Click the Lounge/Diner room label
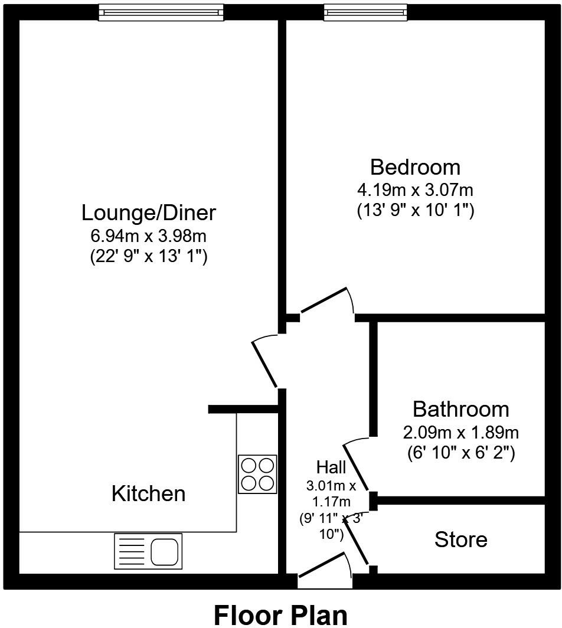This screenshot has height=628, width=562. coord(148,212)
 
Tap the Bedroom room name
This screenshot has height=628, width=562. coord(415,167)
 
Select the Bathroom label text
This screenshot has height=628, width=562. coord(460,409)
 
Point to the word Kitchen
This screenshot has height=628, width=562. coord(148,493)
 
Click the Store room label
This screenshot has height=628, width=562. coord(460,539)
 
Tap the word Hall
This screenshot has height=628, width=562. coord(331,467)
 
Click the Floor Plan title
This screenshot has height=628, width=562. coord(280,614)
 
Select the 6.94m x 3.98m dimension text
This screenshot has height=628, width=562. coord(148,236)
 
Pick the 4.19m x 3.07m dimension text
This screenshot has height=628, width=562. coord(415,190)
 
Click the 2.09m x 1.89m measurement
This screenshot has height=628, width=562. coord(460,433)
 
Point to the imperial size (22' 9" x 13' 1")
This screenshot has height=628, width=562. coord(148,257)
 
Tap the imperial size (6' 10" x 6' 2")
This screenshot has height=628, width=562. coord(460,453)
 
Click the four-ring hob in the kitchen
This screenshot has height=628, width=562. coord(257,474)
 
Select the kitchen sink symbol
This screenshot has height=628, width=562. coord(148,551)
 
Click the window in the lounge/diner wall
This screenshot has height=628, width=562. coord(161,12)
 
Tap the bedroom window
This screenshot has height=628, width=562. coord(365,12)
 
